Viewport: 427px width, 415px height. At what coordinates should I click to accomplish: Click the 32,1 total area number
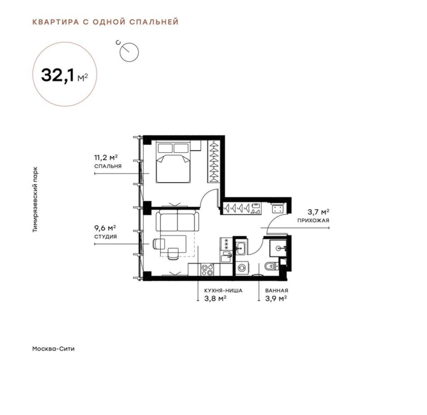tap(58, 75)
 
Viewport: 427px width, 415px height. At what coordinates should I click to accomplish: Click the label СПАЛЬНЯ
tap(108, 166)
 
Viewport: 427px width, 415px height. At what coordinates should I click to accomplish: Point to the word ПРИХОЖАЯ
tap(313, 221)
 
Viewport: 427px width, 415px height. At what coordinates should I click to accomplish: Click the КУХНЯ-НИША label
tap(223, 291)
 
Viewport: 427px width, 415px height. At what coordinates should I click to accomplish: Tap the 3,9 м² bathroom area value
tap(276, 299)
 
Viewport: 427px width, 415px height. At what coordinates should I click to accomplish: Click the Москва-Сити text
tap(53, 349)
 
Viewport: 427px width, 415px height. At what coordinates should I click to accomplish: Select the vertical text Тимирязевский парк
tap(35, 199)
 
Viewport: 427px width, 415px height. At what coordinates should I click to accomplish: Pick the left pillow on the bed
tap(165, 148)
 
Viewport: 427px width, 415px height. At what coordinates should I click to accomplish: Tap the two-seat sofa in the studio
tap(178, 220)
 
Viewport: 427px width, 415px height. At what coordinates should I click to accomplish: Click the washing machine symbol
tap(242, 268)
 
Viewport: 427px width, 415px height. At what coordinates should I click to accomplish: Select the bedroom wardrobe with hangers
tap(213, 161)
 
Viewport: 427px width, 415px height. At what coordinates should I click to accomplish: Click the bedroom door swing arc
tap(208, 198)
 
